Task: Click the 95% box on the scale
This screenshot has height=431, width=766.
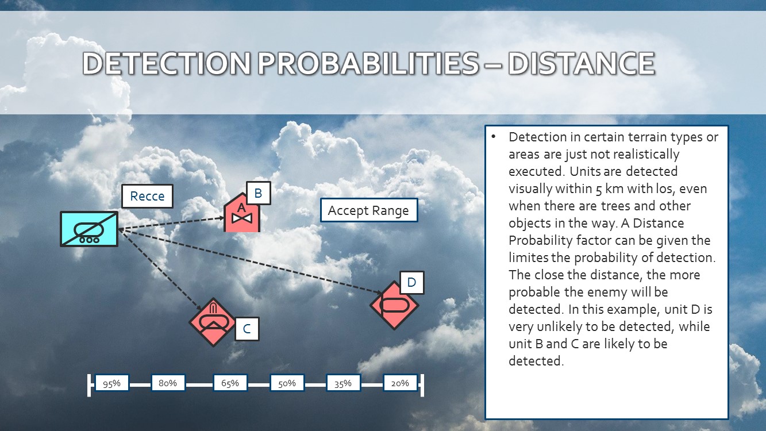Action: click(112, 383)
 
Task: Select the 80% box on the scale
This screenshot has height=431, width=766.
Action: click(168, 383)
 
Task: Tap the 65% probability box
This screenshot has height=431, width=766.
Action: click(230, 383)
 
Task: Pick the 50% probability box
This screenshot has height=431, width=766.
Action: click(287, 383)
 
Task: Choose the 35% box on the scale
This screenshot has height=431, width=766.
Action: click(343, 383)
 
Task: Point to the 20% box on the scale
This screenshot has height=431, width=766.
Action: click(400, 383)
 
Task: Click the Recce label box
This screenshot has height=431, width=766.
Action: click(147, 196)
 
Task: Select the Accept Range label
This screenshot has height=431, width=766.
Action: click(369, 210)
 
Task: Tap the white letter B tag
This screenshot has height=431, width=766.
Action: click(259, 193)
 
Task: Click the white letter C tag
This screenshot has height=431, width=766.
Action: click(247, 329)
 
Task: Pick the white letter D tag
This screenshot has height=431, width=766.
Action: click(411, 283)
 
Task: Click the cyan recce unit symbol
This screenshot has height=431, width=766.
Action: click(89, 229)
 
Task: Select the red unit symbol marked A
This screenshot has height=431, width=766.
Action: click(242, 213)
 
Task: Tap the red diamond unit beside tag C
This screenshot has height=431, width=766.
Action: click(213, 322)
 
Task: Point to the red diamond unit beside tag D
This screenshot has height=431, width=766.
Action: click(394, 305)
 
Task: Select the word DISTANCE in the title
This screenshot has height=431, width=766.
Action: click(582, 63)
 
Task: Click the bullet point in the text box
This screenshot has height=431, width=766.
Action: click(493, 137)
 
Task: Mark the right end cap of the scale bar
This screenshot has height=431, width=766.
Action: click(422, 385)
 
